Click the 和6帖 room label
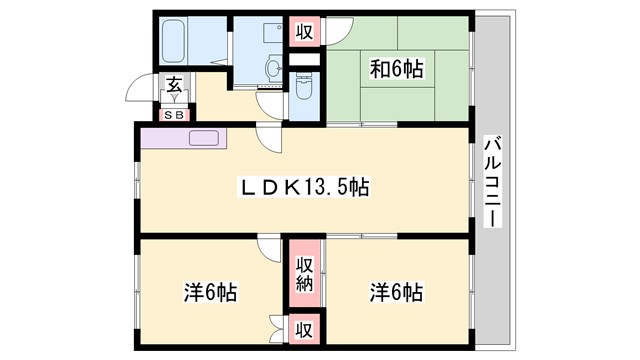(x=397, y=69)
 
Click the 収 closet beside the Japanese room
(x=304, y=33)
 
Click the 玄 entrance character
(x=174, y=87)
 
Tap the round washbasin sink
(x=273, y=68)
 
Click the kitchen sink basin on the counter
(x=204, y=138)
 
